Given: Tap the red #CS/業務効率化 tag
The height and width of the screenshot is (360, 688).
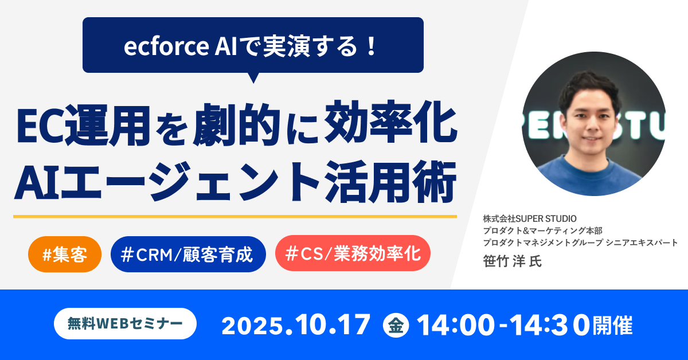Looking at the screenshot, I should (x=353, y=254).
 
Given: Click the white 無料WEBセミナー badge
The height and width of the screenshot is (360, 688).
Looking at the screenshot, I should (x=125, y=324).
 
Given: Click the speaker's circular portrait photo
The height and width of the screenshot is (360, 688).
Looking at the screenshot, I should (x=593, y=124).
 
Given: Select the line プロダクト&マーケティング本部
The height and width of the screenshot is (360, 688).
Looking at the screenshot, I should (x=542, y=230).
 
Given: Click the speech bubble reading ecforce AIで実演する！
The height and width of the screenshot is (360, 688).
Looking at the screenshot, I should (x=253, y=46).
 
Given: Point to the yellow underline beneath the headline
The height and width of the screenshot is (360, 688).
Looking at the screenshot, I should (x=234, y=216).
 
